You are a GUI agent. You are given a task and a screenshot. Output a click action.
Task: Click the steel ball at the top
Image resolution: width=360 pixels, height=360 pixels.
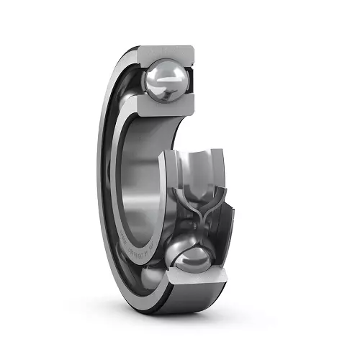[x=167, y=80]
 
